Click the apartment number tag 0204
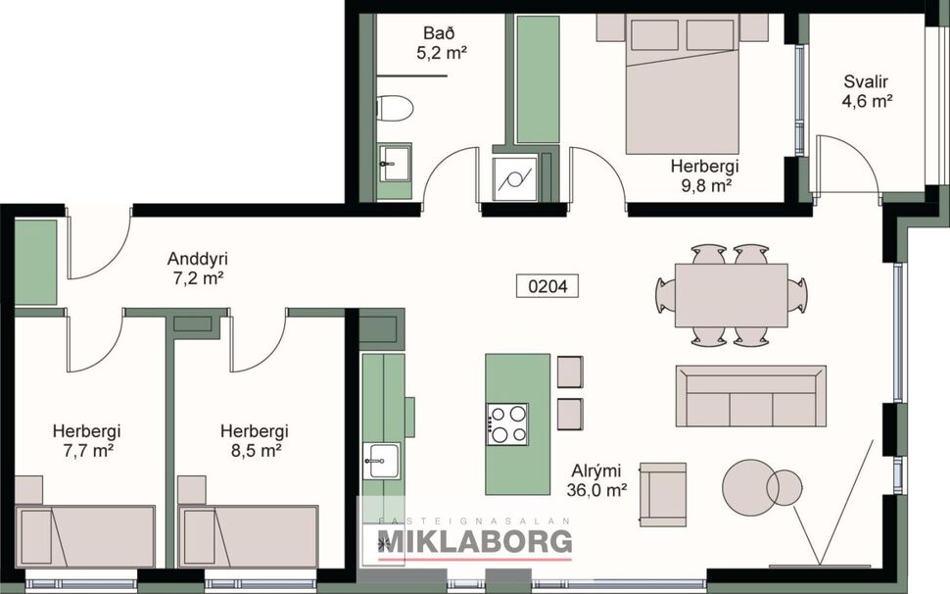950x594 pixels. click(x=547, y=286)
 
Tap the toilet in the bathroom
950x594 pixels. click(x=397, y=110)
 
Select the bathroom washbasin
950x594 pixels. click(x=396, y=162)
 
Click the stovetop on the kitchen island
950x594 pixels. click(x=506, y=423)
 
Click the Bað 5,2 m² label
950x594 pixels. click(x=440, y=44)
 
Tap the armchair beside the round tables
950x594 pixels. click(x=663, y=494)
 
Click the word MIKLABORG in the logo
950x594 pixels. click(x=467, y=540)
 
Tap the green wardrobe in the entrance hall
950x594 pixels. click(x=36, y=262)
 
